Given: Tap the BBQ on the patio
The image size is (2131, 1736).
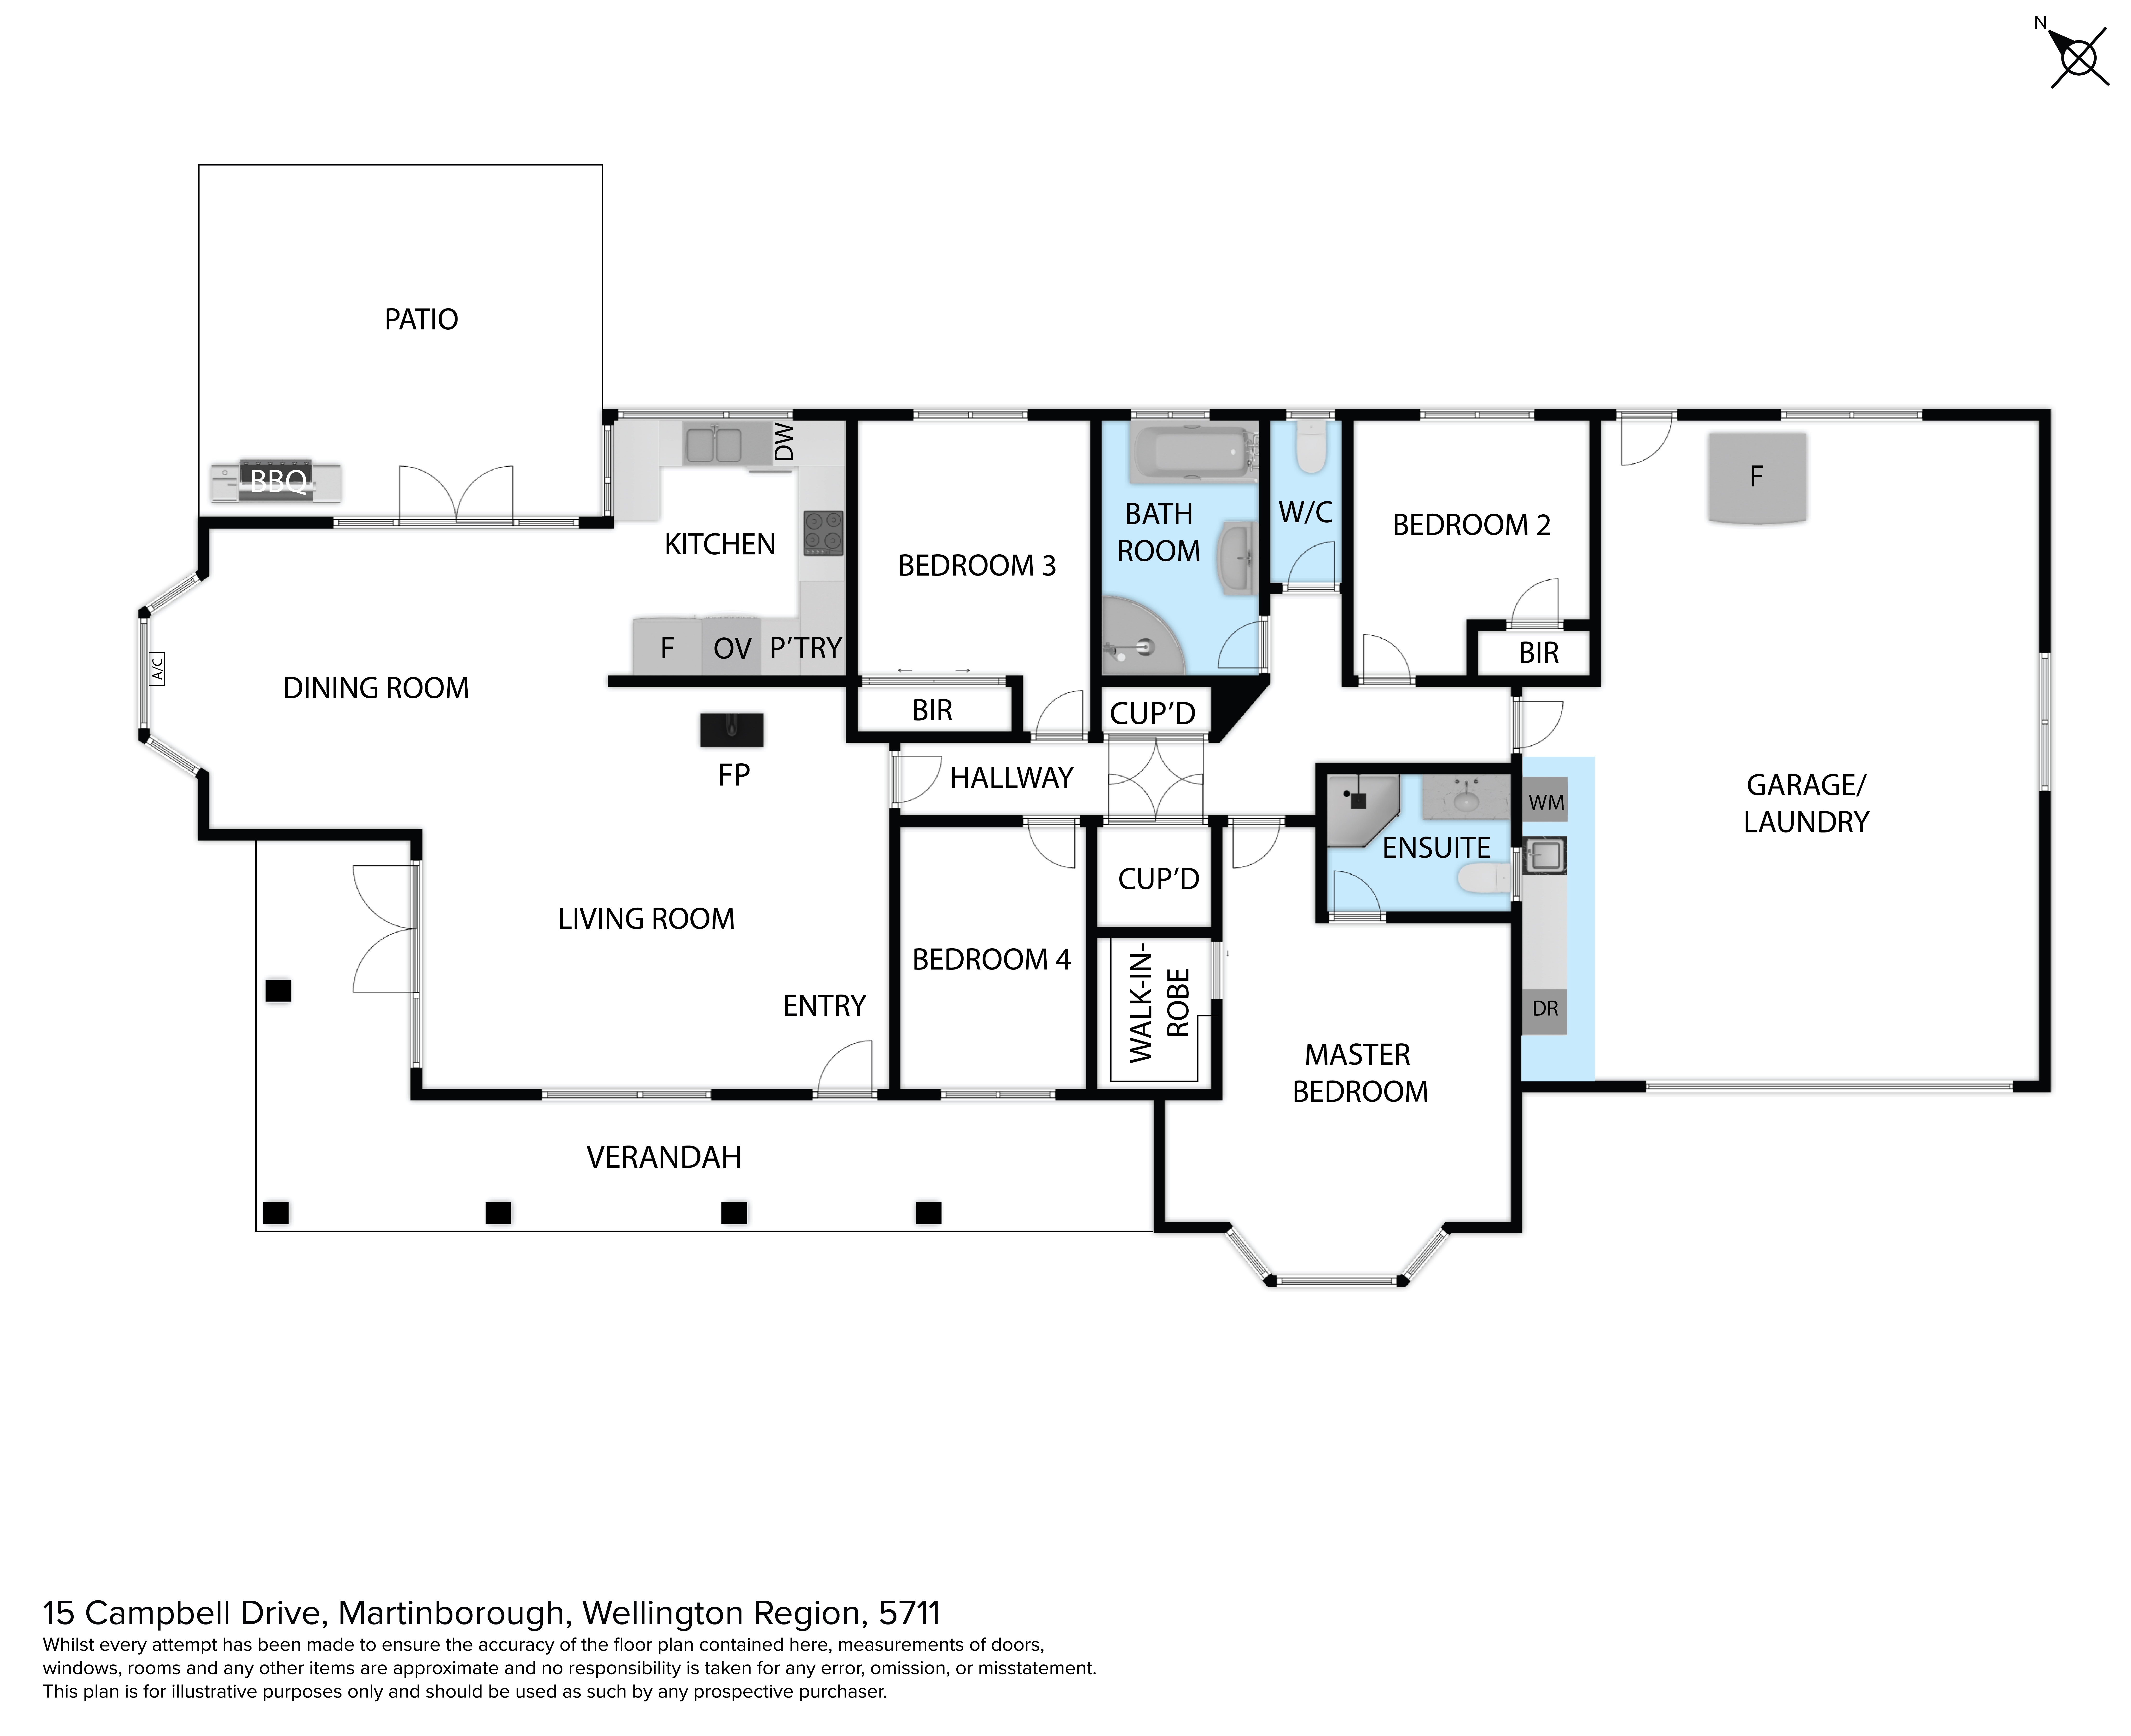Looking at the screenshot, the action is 276,482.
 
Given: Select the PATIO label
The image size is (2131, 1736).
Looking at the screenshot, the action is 421,319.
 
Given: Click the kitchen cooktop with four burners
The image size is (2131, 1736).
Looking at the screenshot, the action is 823,533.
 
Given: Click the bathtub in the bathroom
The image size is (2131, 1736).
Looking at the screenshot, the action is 1192,454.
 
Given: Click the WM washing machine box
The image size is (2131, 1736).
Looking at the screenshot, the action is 1545,801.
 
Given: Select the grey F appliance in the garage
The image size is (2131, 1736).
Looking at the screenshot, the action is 1756,477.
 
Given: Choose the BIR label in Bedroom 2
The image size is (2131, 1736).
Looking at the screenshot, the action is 1538,653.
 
